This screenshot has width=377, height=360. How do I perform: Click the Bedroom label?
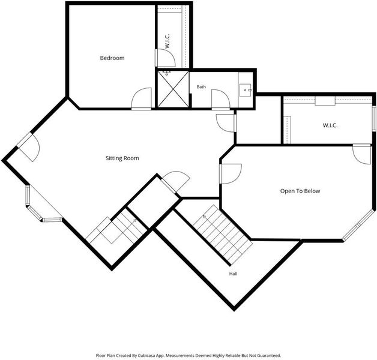(x=112, y=58)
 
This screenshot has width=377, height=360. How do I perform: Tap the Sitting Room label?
(x=122, y=158)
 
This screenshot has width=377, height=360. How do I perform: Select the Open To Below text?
(x=300, y=191)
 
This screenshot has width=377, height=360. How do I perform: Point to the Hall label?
(x=233, y=274)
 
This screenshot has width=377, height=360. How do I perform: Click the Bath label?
(x=201, y=87)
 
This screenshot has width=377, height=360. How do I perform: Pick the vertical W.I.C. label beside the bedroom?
(x=167, y=41)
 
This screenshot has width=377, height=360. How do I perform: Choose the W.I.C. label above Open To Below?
(x=330, y=125)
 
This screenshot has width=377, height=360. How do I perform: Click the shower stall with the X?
(x=173, y=89)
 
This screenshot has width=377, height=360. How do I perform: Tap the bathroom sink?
(x=246, y=90)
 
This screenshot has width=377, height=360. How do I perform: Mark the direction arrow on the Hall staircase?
(x=204, y=216)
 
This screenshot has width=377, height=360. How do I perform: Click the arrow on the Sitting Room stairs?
(x=134, y=220)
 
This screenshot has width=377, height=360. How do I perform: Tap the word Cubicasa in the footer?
(x=147, y=355)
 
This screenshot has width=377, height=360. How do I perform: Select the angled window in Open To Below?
(x=358, y=225)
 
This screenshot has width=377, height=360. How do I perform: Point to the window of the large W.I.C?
(x=374, y=118)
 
